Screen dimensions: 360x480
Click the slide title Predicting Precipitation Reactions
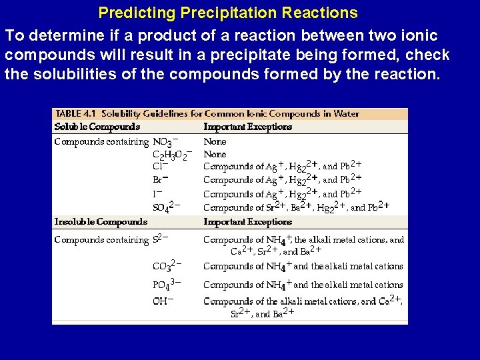coord(227,13)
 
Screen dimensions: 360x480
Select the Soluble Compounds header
coord(97,127)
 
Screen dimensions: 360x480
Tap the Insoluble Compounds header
coord(101,221)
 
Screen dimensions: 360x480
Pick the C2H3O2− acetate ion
coord(172,155)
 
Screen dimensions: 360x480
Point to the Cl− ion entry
coord(160,167)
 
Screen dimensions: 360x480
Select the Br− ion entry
coord(160,179)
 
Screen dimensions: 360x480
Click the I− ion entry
coord(158,194)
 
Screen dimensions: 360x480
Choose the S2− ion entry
coord(160,239)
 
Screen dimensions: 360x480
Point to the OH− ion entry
coord(163,301)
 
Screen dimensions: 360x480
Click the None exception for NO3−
coord(215,142)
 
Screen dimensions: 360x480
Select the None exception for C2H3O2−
coord(215,155)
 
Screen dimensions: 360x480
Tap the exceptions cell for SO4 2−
coord(296,207)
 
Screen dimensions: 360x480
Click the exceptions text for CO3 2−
coord(303,266)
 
